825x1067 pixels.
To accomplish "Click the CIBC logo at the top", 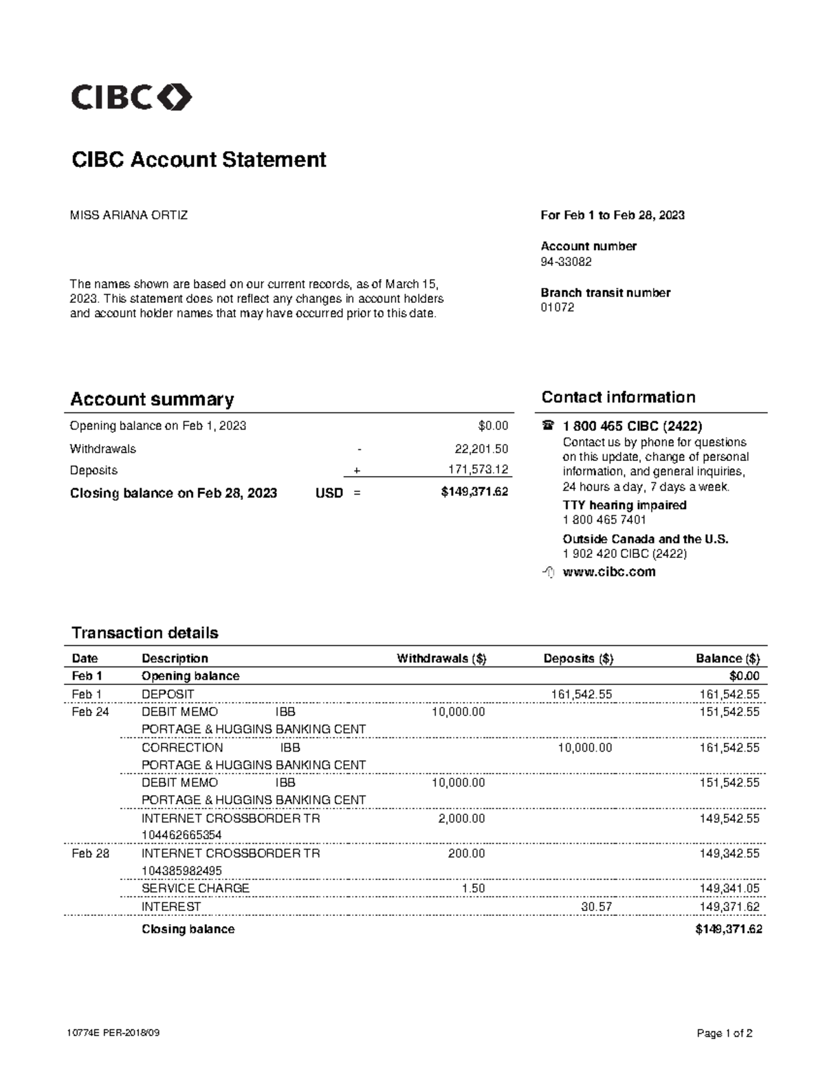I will click(131, 98).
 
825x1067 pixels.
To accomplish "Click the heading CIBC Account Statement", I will click(199, 159).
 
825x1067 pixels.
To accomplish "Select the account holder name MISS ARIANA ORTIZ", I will click(129, 215).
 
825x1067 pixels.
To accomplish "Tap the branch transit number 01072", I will click(557, 307).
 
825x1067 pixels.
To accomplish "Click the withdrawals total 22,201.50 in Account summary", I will click(481, 449).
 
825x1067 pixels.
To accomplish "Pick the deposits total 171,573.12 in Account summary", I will click(474, 470).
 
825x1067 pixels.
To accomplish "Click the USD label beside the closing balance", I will click(329, 493).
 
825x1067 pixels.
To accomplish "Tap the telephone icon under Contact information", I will click(548, 426).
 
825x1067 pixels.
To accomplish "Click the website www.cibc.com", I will click(608, 572).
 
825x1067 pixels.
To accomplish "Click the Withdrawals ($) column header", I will click(441, 658).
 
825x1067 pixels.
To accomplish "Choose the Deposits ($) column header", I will click(578, 658).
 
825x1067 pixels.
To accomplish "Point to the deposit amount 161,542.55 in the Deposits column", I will click(581, 694).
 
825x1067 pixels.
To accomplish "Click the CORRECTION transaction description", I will click(182, 748).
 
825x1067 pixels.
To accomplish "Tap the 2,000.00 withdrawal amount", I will click(461, 818).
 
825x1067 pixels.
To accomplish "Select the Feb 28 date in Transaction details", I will click(90, 853).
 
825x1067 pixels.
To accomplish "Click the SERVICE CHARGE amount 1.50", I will click(473, 888).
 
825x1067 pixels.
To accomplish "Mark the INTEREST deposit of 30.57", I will click(596, 907).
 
